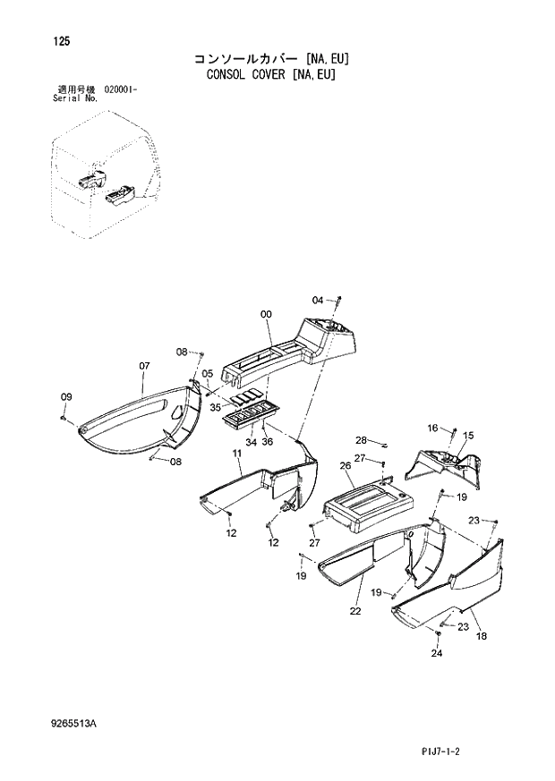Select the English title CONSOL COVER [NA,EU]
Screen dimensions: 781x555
tap(270, 75)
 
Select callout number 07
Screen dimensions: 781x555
tap(144, 366)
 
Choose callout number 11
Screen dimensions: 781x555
tap(237, 454)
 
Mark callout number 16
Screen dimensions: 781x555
tap(432, 429)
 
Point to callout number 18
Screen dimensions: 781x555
tap(481, 635)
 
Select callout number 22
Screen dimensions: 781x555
tap(354, 611)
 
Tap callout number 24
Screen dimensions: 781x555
tap(436, 653)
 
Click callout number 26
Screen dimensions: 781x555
tap(345, 465)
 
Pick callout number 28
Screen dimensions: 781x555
tap(361, 439)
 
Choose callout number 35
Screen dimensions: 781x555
tap(215, 407)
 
